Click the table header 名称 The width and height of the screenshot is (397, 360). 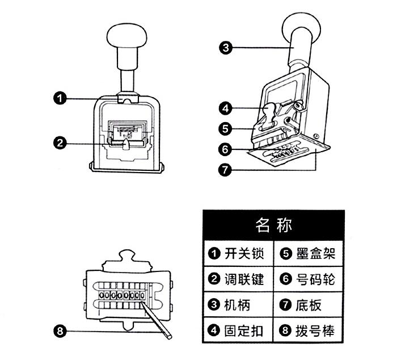tap(273, 225)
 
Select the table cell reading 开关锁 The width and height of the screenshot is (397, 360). tap(238, 254)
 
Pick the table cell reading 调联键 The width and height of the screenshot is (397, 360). tap(238, 279)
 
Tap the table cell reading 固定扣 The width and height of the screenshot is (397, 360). tap(238, 330)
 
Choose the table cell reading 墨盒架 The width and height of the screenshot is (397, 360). tap(309, 254)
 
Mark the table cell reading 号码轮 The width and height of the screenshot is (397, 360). tap(309, 279)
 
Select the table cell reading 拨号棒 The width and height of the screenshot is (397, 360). tap(309, 330)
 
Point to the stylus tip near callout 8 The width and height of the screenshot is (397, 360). tap(170, 337)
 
